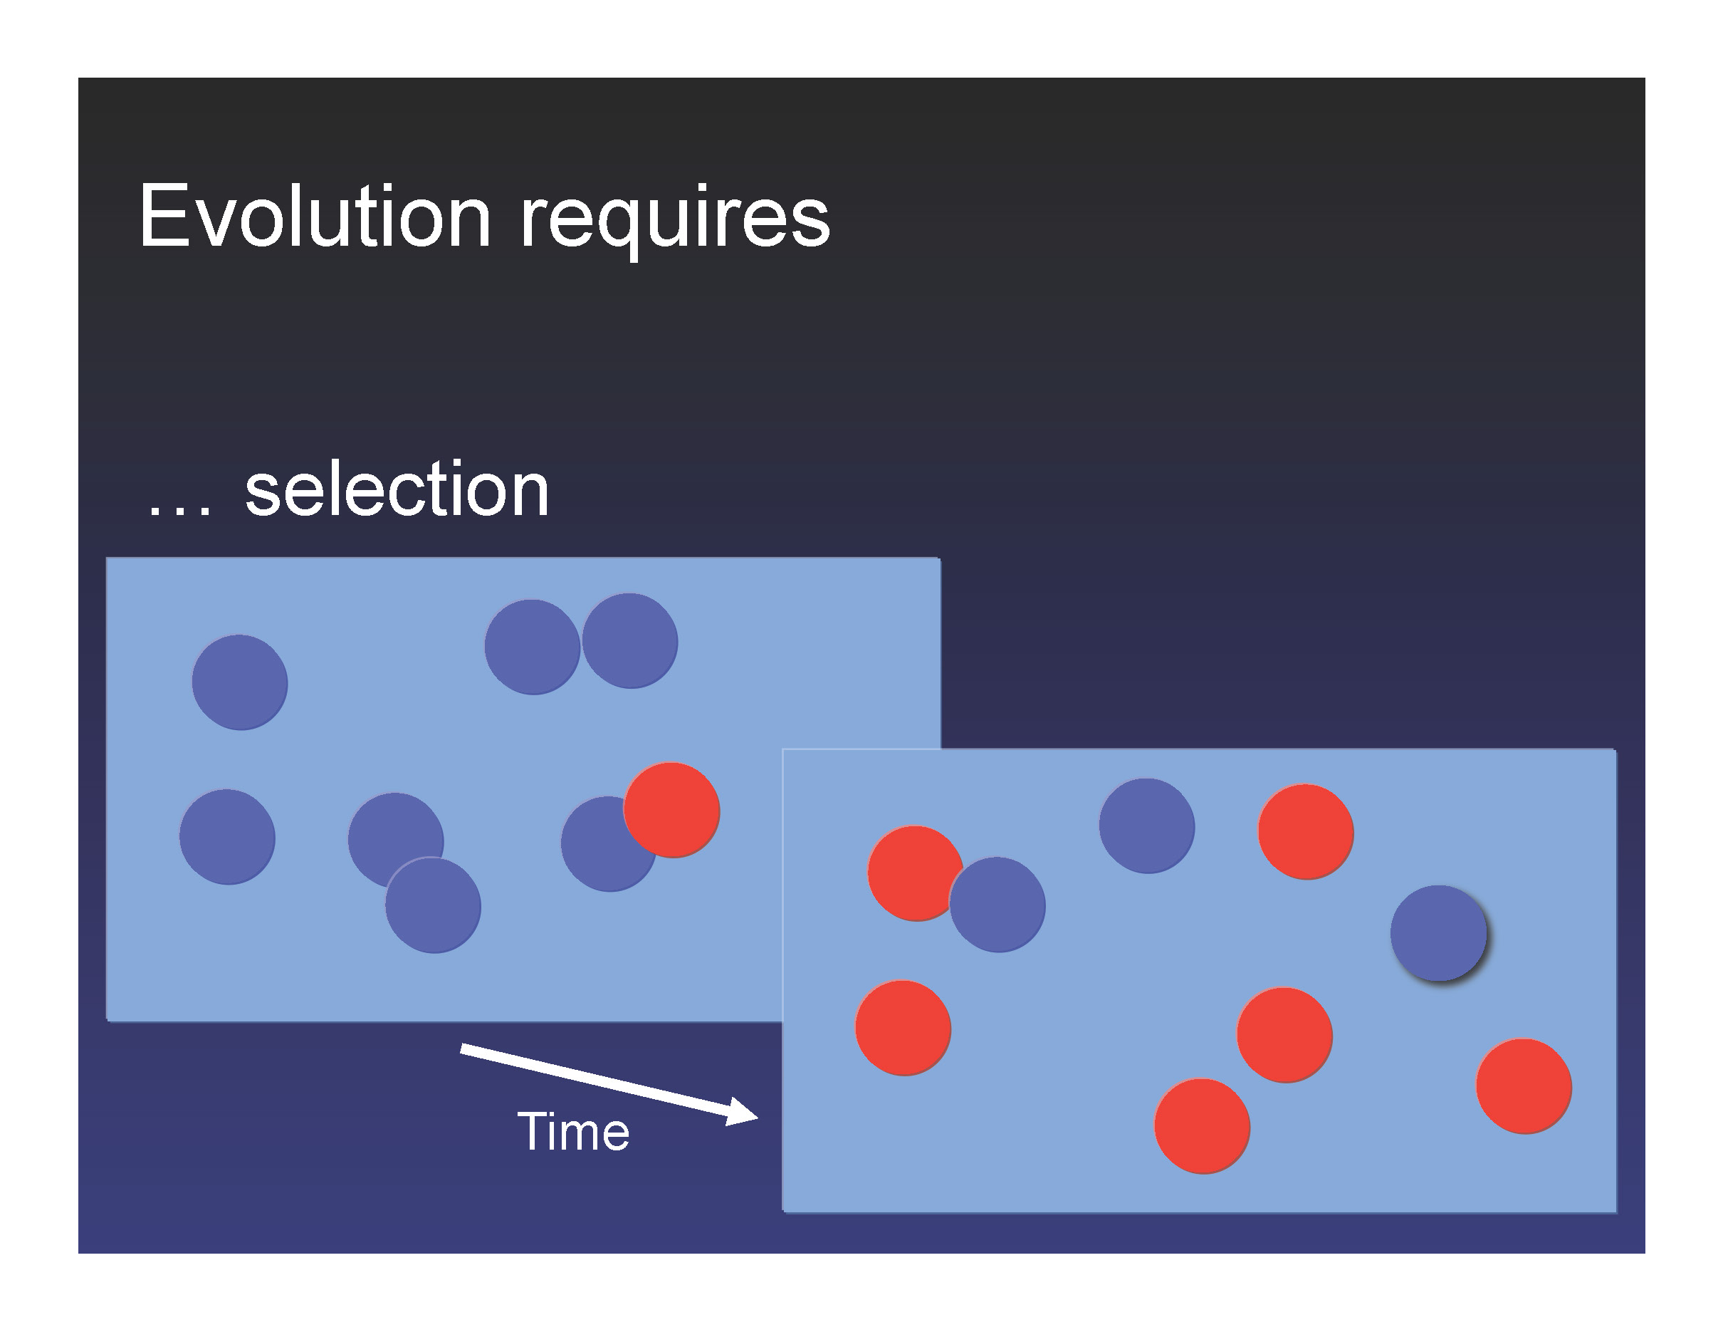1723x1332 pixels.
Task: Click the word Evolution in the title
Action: click(x=315, y=217)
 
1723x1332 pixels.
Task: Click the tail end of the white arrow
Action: click(x=462, y=1048)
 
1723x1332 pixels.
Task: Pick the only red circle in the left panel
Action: click(x=671, y=810)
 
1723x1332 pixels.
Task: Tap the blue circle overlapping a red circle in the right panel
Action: click(x=997, y=905)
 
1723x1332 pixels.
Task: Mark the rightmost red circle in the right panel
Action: click(x=1524, y=1086)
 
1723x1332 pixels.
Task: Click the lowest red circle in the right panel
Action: click(x=1203, y=1126)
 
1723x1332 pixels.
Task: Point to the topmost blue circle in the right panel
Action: click(x=1147, y=826)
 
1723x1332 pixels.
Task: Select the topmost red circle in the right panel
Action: click(x=1306, y=831)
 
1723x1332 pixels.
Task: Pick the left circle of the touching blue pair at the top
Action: click(x=533, y=647)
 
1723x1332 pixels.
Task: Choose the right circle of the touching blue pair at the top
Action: click(x=629, y=641)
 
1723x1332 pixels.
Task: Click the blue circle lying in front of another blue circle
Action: click(x=433, y=905)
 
